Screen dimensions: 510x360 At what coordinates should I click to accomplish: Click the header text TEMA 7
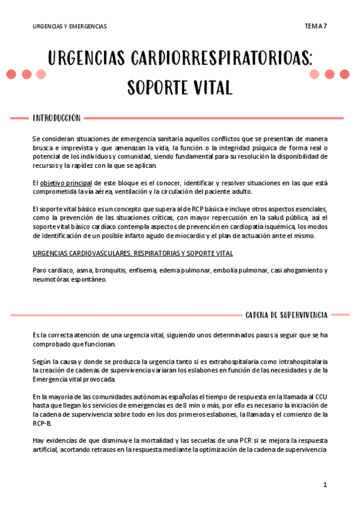316,26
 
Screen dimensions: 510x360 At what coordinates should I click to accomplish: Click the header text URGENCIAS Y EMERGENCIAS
69,26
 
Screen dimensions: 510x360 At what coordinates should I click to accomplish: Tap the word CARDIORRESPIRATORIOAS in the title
221,60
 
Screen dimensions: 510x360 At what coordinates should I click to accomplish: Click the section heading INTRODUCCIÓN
56,118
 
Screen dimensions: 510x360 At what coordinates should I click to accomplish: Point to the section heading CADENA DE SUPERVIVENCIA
286,315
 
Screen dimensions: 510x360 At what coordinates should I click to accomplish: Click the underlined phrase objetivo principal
66,182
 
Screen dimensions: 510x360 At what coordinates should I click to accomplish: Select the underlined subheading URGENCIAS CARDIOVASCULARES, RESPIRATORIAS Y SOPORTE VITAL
132,253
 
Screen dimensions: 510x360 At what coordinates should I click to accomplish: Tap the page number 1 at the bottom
325,484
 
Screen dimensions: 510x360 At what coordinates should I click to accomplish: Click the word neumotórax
51,279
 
